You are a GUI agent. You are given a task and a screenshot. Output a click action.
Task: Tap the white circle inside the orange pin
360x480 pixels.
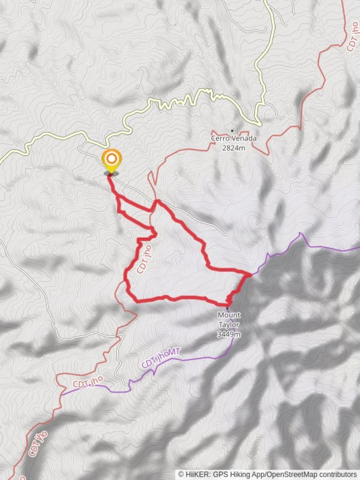111,158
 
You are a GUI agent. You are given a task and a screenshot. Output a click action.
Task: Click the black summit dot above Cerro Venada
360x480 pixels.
232,131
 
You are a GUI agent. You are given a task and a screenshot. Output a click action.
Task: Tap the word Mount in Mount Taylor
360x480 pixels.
228,315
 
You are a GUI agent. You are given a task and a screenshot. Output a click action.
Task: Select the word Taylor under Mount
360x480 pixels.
228,324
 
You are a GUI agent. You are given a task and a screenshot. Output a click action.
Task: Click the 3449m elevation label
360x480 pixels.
228,334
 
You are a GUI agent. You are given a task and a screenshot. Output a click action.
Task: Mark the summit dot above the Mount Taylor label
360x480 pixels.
228,308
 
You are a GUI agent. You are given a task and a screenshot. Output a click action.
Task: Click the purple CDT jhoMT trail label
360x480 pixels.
160,359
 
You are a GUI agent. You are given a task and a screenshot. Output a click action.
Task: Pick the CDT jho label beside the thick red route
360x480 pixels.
144,260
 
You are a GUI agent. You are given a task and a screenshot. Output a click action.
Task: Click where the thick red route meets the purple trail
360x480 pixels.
250,275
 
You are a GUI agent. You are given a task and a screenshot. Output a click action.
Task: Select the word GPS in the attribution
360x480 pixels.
220,475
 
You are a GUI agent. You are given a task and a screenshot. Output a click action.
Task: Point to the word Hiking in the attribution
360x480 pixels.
240,475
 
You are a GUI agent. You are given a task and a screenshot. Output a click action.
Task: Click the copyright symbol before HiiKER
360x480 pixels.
181,475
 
